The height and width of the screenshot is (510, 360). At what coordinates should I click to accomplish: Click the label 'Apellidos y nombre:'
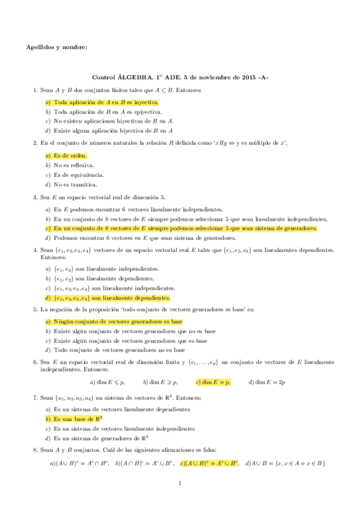[x=57, y=48]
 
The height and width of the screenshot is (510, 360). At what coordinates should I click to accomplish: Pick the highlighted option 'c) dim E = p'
[x=214, y=381]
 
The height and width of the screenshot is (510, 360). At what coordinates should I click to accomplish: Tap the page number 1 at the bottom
[x=180, y=483]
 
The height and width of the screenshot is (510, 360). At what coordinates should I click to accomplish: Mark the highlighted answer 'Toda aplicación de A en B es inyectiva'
[x=106, y=102]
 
